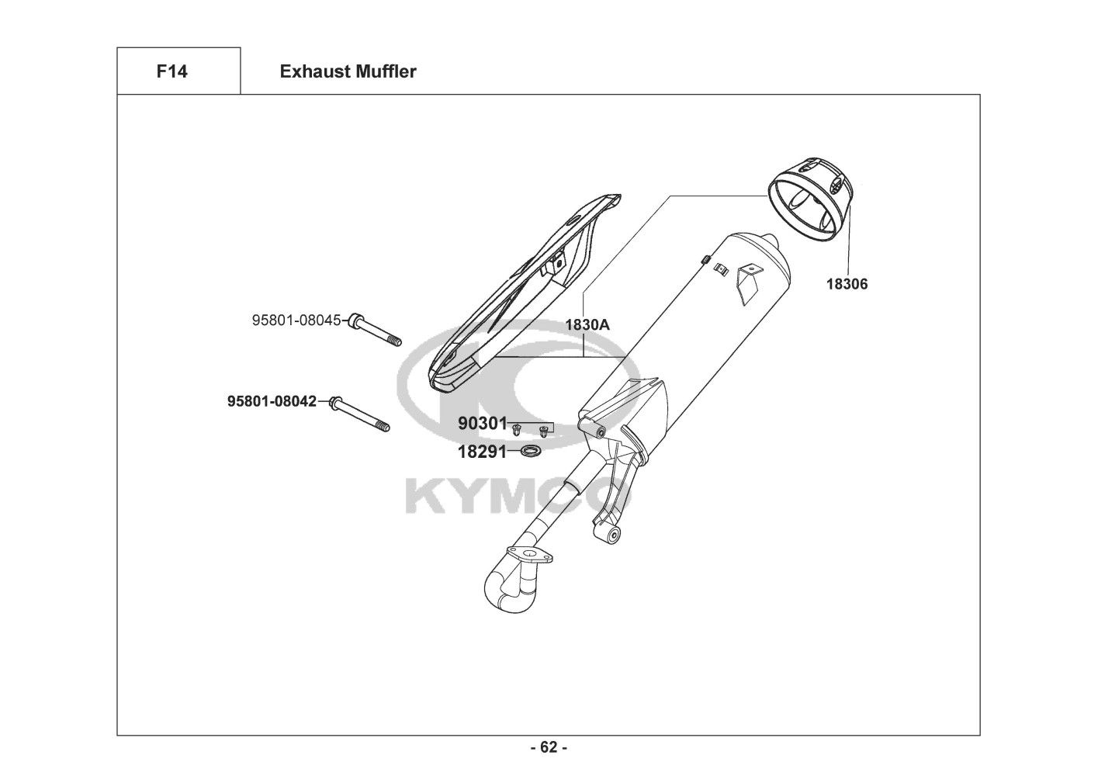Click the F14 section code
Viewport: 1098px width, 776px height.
pos(171,71)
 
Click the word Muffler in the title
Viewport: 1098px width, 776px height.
pos(386,71)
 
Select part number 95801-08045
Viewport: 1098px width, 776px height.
pos(296,320)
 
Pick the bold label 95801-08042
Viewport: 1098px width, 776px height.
pos(272,401)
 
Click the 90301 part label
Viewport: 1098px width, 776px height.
pos(483,424)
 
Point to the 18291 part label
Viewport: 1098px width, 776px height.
pos(483,452)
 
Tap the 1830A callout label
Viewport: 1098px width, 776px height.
pos(587,325)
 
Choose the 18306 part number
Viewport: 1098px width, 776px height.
pos(847,284)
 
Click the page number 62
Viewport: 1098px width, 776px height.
pos(549,747)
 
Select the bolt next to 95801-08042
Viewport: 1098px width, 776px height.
pos(360,414)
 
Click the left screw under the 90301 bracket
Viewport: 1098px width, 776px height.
pos(516,431)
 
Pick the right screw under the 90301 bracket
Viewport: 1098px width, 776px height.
pos(543,432)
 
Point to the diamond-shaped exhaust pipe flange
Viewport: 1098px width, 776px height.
pos(530,556)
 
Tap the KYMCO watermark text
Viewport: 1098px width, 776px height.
pos(518,497)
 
